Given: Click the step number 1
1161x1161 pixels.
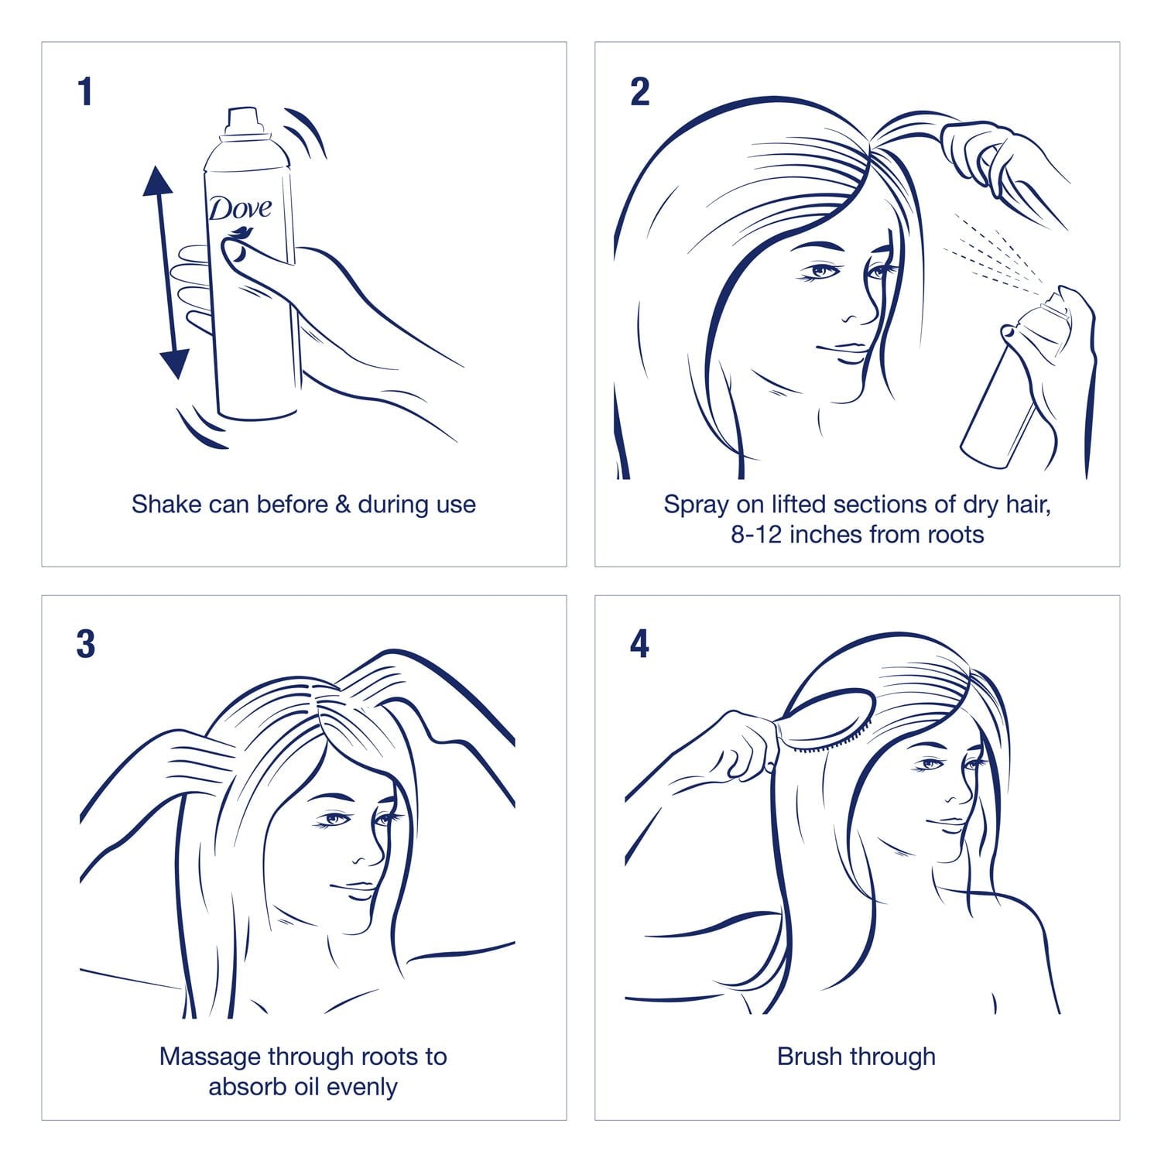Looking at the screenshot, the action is (x=85, y=91).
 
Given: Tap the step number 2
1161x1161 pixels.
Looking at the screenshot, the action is (x=640, y=91).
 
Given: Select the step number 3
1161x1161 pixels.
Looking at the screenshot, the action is (x=86, y=644).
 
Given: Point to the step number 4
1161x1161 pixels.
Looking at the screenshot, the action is (x=639, y=644).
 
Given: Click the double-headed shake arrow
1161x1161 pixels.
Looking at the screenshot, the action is (x=166, y=271).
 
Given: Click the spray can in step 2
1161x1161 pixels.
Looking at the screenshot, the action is (x=1022, y=379).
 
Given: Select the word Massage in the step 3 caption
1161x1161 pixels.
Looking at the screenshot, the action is (x=210, y=1058).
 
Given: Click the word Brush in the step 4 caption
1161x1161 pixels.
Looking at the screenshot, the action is (x=809, y=1057).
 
